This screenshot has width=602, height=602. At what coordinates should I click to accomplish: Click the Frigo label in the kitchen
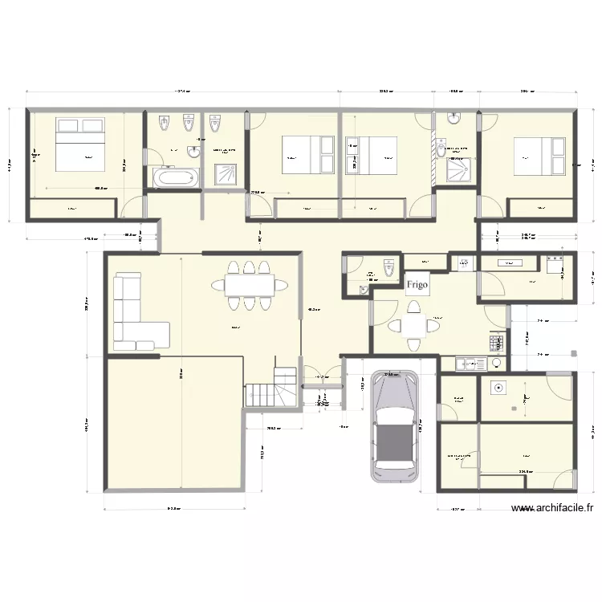[x=417, y=283]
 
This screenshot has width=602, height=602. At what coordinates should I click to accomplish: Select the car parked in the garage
[x=395, y=425]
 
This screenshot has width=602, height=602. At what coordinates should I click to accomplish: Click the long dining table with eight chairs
[x=248, y=284]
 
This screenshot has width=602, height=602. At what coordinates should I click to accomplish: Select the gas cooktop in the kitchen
[x=495, y=344]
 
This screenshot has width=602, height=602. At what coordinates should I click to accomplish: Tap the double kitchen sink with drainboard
[x=469, y=364]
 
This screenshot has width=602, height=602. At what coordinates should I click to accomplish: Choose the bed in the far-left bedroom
[x=78, y=145]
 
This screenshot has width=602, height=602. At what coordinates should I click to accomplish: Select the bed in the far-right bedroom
[x=540, y=156]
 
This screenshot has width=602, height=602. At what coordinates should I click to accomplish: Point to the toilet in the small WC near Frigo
[x=388, y=267]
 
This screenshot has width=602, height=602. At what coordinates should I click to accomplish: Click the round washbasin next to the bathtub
[x=193, y=152]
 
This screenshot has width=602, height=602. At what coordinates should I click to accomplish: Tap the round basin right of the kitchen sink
[x=498, y=364]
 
